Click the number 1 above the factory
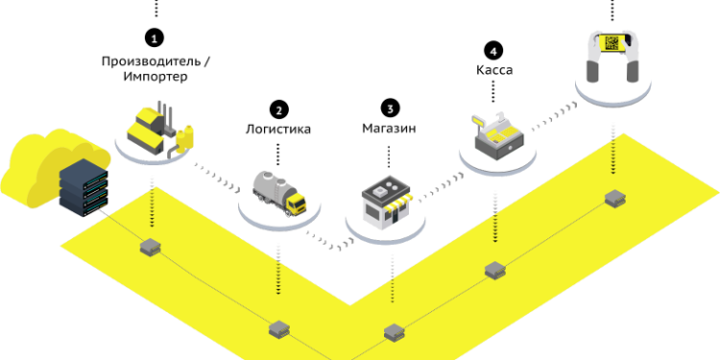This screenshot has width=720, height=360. pos(154,39)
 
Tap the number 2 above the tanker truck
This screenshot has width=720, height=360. pos(279,111)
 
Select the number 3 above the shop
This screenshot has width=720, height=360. pos(390,109)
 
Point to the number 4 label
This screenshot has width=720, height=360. pos(493,52)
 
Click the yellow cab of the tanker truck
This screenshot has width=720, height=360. pos(295,204)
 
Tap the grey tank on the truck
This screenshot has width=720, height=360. pos(270,184)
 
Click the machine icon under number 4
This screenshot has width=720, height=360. pos(496,135)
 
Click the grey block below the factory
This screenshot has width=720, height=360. pos(150,248)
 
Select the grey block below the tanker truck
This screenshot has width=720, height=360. pos(278,329)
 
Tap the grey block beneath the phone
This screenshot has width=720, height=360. pos(614,199)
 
